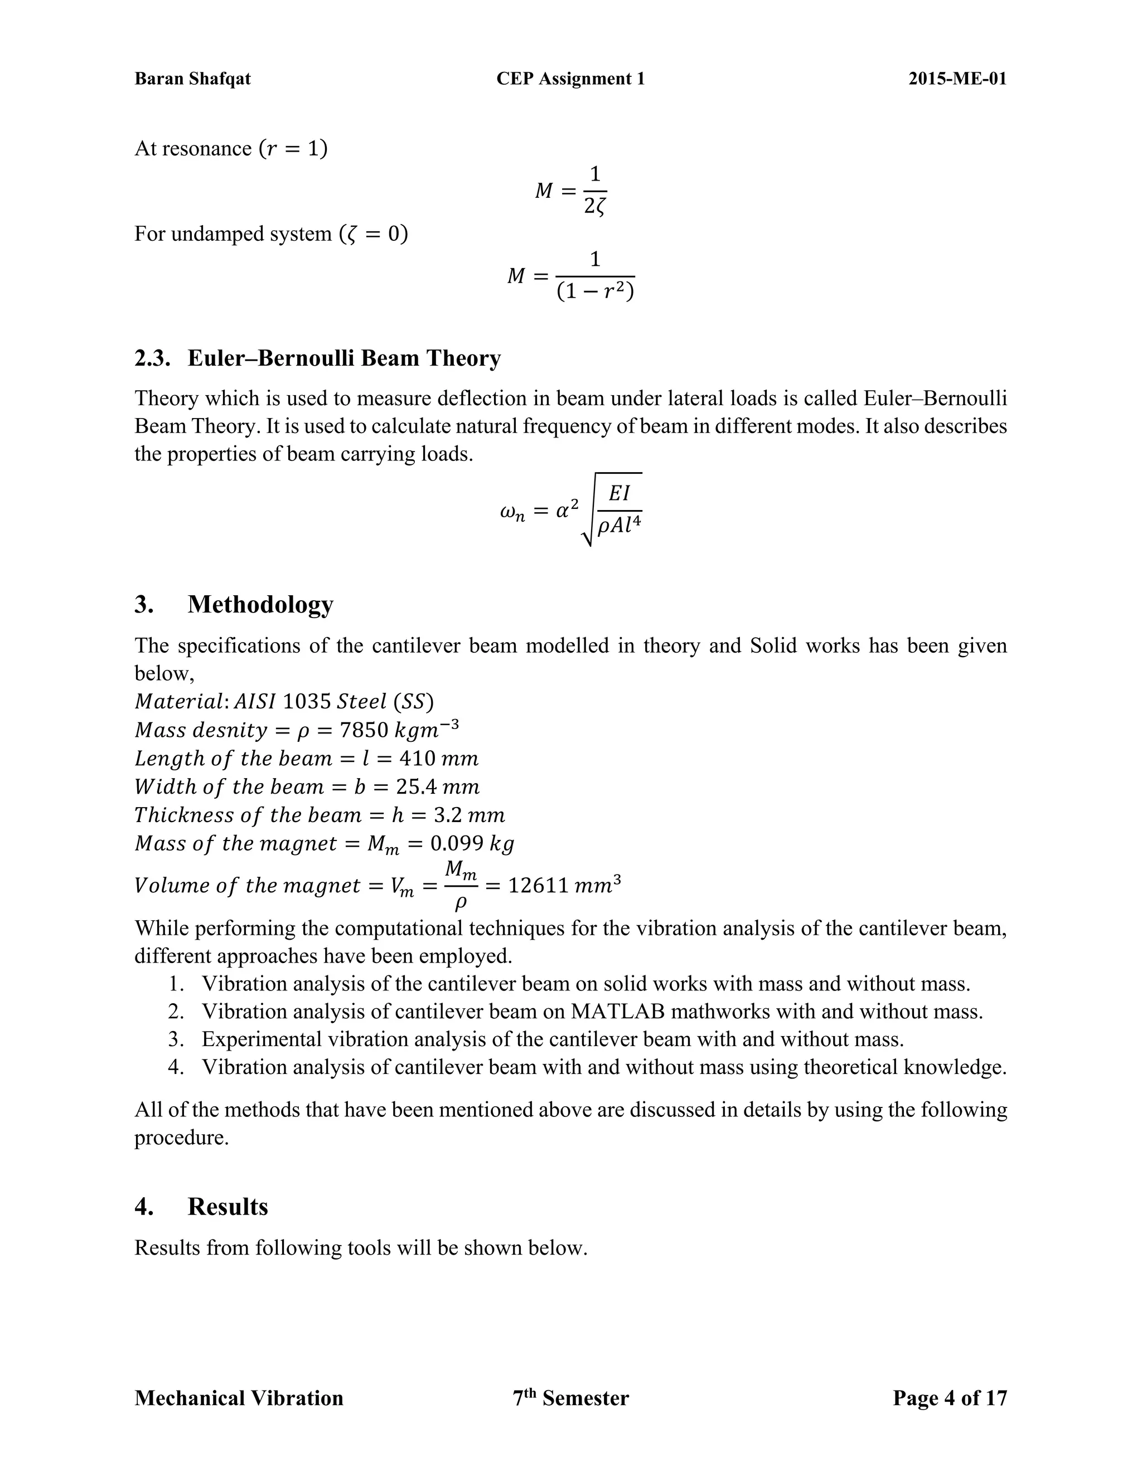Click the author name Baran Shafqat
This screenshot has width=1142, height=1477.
192,79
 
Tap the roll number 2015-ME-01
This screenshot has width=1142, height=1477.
957,79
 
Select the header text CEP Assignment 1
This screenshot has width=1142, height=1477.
570,79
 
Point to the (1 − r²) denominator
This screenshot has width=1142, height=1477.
594,292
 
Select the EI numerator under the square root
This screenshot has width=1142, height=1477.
618,494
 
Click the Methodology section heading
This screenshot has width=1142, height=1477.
260,604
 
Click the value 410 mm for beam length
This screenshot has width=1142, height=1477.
438,759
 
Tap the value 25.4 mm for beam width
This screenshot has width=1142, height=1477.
439,787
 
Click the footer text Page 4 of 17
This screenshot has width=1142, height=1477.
949,1398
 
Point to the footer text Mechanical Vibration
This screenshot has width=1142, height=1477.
239,1398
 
